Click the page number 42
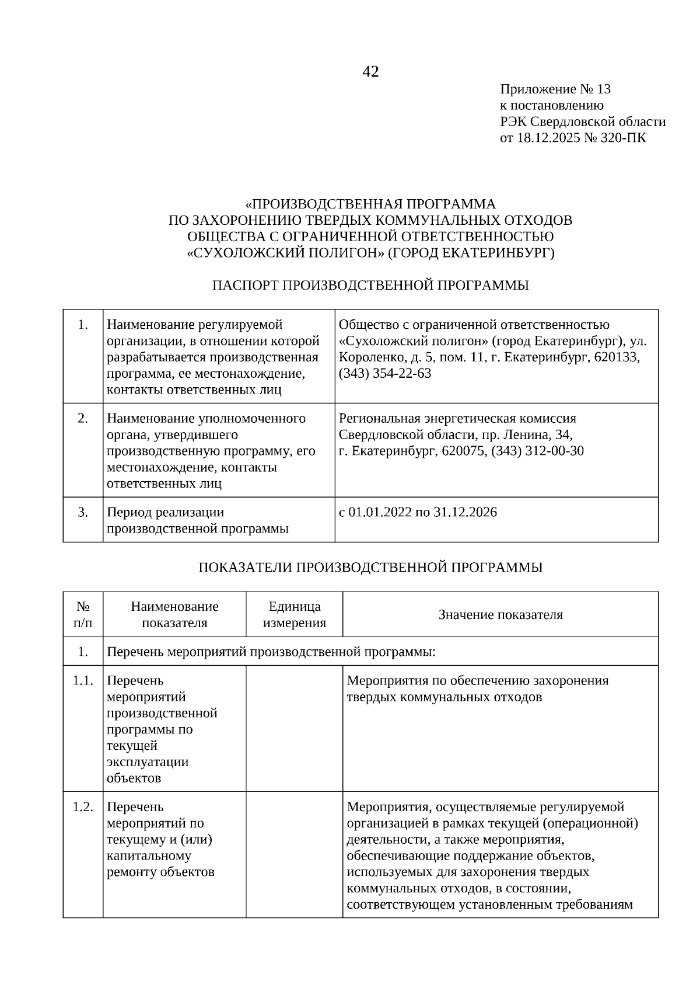pyautogui.click(x=370, y=72)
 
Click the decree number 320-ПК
pyautogui.click(x=626, y=138)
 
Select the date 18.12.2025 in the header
pyautogui.click(x=545, y=138)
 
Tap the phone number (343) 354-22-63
pyautogui.click(x=385, y=373)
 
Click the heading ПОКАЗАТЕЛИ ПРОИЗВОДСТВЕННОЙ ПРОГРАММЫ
pyautogui.click(x=370, y=567)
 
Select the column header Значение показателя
pyautogui.click(x=501, y=614)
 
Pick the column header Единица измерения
pyautogui.click(x=294, y=614)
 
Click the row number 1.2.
pyautogui.click(x=83, y=806)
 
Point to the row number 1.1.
pyautogui.click(x=83, y=680)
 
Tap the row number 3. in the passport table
pyautogui.click(x=83, y=512)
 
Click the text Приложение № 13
pyautogui.click(x=555, y=89)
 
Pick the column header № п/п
pyautogui.click(x=83, y=614)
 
